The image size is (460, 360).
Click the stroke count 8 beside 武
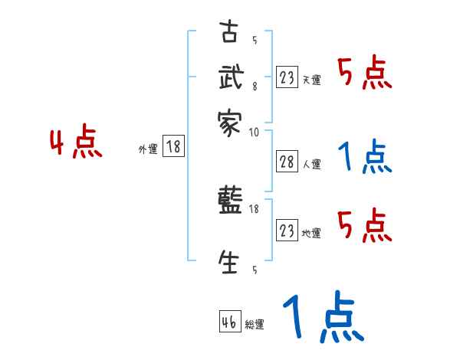[254, 86]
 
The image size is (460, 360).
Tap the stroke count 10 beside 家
[254, 133]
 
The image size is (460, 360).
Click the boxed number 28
[287, 162]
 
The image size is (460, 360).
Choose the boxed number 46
[229, 322]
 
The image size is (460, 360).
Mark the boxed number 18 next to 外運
[174, 147]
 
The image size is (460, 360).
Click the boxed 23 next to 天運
[287, 77]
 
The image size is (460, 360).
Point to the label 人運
[312, 164]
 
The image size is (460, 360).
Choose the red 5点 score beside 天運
[365, 74]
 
